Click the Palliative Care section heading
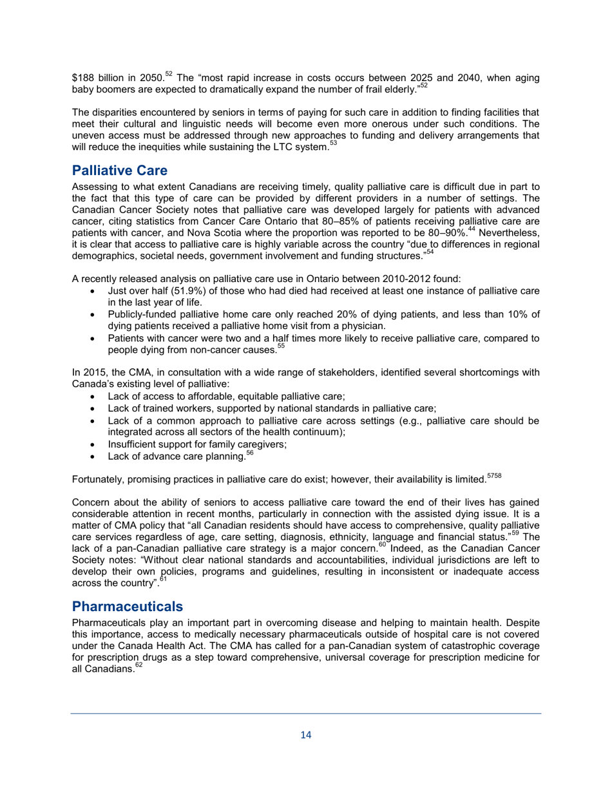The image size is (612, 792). tap(120, 171)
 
